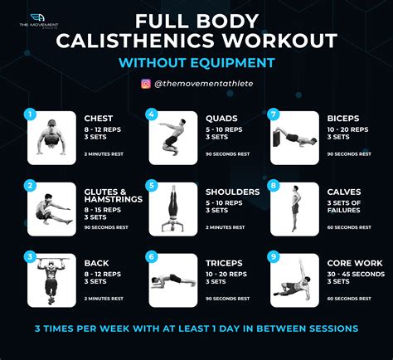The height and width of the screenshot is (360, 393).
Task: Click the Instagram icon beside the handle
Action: pyautogui.click(x=146, y=83)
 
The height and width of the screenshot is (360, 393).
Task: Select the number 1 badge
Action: pyautogui.click(x=31, y=114)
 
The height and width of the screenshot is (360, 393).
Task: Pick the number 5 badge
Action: pyautogui.click(x=151, y=186)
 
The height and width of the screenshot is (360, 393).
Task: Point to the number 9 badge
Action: pyautogui.click(x=273, y=257)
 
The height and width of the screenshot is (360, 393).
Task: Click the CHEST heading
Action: pyautogui.click(x=99, y=118)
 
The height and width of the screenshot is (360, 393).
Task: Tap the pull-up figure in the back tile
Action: pyautogui.click(x=54, y=280)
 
